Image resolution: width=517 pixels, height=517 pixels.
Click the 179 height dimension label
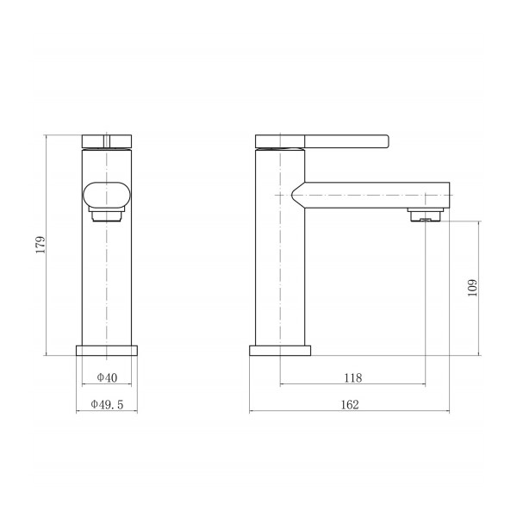pos(40,245)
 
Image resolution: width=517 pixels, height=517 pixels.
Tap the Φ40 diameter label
pos(107,377)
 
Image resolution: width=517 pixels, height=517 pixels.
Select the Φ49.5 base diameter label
pos(107,404)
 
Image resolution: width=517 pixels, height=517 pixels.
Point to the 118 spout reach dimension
pos(352,377)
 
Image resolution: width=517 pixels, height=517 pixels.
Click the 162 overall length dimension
pos(350,404)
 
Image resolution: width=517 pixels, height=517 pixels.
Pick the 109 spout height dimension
pos(472,288)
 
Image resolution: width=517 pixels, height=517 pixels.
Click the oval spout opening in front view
pos(107,196)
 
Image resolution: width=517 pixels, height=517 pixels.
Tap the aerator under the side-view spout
pos(426,215)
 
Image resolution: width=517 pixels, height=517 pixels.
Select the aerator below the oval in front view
pos(107,215)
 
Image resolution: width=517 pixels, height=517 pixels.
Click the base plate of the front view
pos(107,351)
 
